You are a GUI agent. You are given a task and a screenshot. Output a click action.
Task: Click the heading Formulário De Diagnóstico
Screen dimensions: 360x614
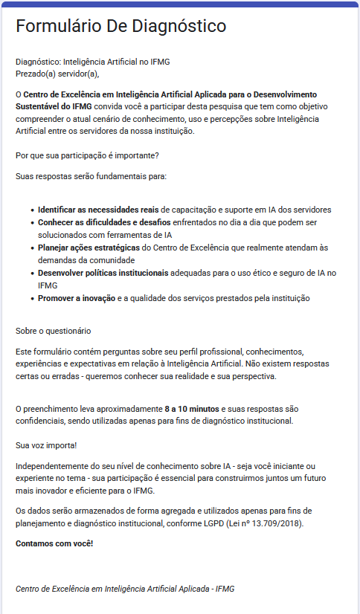(x=121, y=27)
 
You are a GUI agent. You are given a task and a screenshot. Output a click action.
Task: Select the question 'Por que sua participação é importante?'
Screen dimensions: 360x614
(x=87, y=155)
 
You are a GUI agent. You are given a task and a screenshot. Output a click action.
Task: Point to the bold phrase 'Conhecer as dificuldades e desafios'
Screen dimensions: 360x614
(x=104, y=222)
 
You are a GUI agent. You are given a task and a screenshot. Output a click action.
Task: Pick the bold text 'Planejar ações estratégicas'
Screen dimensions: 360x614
(x=89, y=248)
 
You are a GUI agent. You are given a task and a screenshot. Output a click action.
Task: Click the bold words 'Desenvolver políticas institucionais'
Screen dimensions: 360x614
(x=103, y=273)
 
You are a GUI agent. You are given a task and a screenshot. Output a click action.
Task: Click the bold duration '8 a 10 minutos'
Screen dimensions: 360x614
(x=192, y=409)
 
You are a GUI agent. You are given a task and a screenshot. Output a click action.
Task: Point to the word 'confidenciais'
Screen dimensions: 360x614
(x=41, y=421)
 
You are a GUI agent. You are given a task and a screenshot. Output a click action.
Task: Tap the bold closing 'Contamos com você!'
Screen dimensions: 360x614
(x=54, y=543)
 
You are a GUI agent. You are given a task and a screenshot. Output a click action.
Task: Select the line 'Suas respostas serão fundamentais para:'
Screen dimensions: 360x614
(x=91, y=176)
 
